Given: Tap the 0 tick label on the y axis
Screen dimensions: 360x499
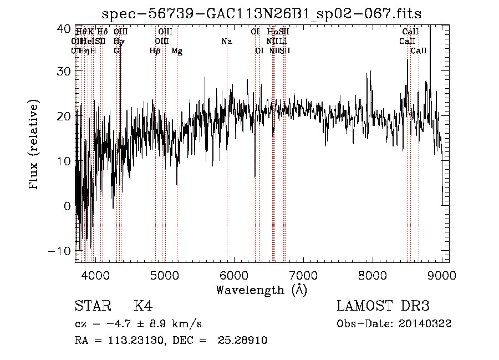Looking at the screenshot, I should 67,206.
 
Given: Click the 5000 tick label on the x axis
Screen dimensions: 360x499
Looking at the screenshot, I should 164,275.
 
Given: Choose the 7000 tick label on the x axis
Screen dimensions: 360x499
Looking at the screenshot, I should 303,275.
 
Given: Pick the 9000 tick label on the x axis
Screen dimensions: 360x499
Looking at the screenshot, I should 441,275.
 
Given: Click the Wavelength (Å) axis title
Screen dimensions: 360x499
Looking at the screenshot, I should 261,290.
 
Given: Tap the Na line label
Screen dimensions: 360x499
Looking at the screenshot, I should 226,41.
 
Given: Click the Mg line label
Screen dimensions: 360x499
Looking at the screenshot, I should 177,51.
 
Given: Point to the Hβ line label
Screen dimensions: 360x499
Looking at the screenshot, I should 155,51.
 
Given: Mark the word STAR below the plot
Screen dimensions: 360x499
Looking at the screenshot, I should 92,306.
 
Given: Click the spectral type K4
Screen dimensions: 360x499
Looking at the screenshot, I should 143,306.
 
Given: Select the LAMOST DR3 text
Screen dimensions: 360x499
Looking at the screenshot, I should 383,306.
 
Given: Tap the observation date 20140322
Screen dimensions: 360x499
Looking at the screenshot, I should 427,324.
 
